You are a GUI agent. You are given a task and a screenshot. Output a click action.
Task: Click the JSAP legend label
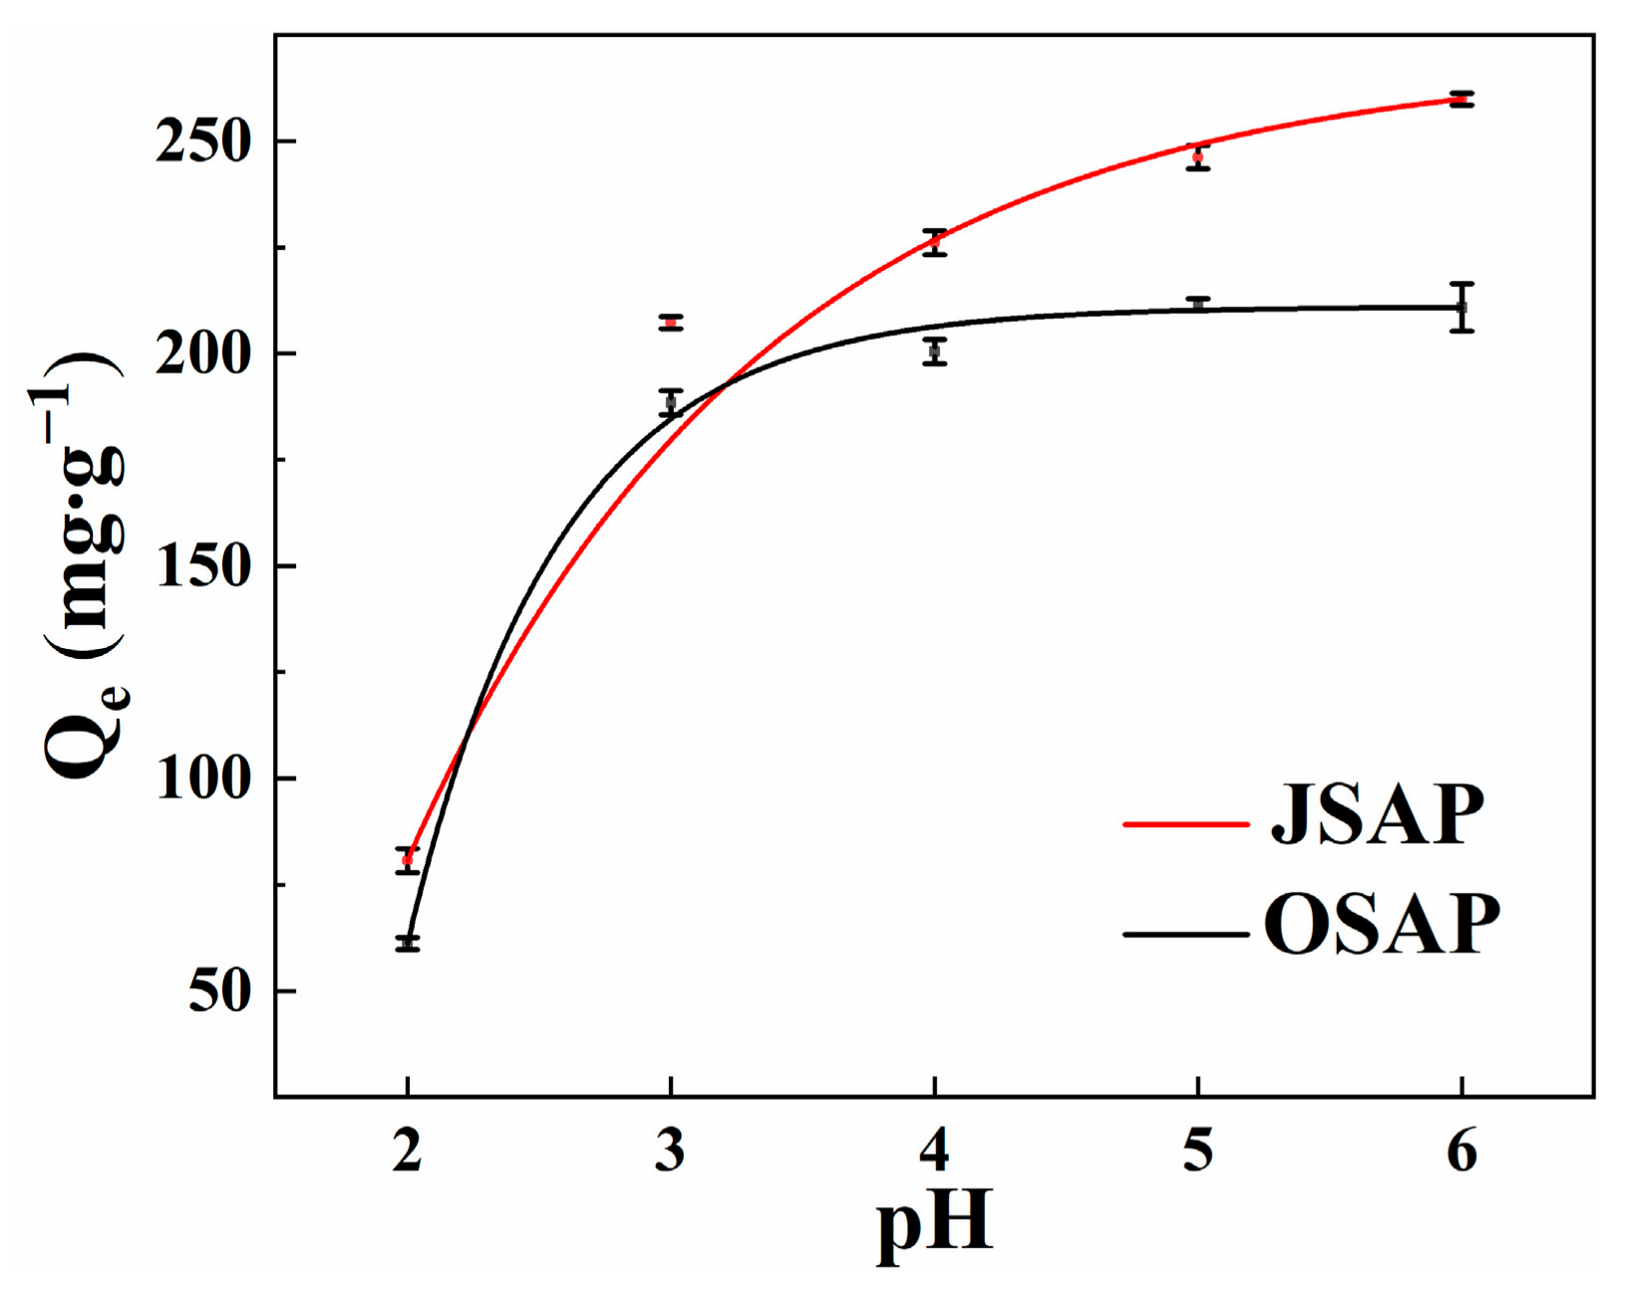(1377, 815)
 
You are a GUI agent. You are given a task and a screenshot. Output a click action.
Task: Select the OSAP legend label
(1382, 925)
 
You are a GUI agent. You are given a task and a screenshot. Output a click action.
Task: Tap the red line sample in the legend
(1185, 824)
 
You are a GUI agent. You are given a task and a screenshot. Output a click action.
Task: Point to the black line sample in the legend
(1185, 934)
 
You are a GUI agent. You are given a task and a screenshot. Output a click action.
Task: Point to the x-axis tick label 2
(407, 1151)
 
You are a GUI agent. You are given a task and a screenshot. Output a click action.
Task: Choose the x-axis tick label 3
(671, 1151)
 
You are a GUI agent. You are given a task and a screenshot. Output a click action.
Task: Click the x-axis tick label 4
(934, 1151)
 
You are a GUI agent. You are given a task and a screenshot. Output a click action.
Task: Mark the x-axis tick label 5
(1197, 1151)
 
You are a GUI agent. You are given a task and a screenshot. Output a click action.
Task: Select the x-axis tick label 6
(1462, 1151)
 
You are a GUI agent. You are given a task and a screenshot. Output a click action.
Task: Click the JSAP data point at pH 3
(671, 322)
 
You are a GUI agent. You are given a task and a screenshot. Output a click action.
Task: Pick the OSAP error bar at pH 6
(1462, 307)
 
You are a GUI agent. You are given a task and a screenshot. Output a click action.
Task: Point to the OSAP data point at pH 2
(407, 943)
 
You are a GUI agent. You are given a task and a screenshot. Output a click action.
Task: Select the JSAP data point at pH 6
(1462, 99)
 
